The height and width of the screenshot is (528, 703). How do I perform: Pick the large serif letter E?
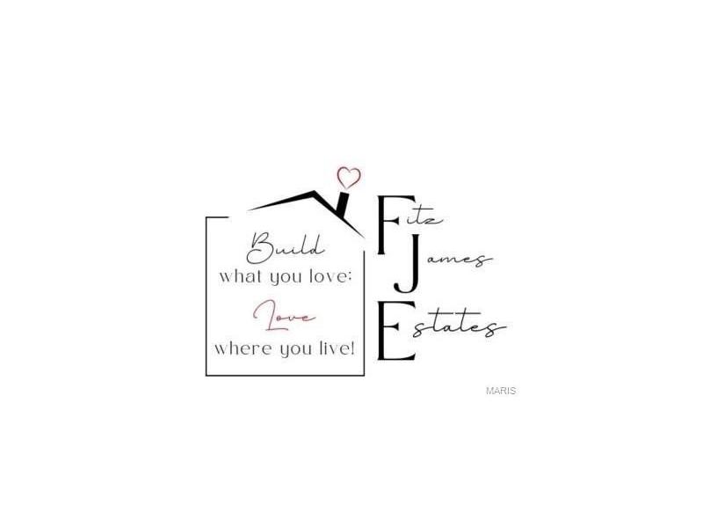pos(396,331)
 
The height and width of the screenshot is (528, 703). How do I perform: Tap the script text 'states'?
pos(458,324)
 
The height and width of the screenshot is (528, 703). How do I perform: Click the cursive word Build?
pos(285,248)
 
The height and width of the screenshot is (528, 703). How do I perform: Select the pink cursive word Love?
pos(284,316)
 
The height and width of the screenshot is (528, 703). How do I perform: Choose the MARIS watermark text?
pos(501,391)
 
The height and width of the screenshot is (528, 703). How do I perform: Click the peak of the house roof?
pos(314,192)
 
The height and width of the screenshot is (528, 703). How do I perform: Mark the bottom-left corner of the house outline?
pos(207,375)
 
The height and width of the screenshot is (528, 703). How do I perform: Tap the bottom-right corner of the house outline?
pos(364,375)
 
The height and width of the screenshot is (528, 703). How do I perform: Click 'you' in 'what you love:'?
pos(286,278)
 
